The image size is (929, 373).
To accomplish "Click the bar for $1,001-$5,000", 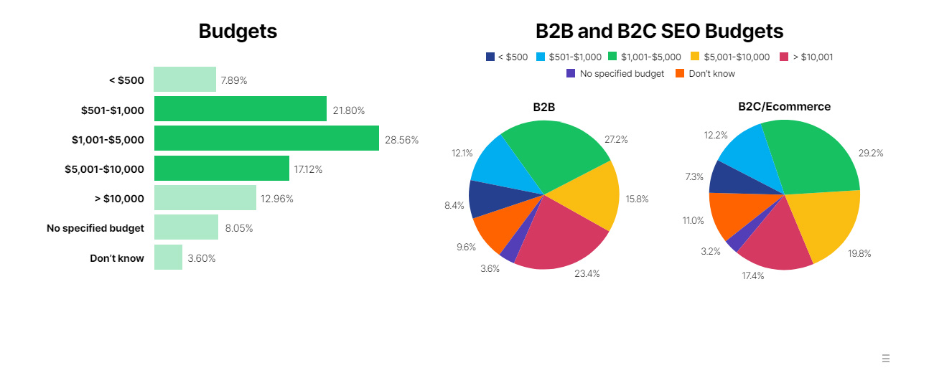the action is point(266,138).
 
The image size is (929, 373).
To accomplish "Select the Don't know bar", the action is point(169,257).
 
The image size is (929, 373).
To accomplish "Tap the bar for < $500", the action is point(185,79).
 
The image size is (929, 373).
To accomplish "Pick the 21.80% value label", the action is point(349,110).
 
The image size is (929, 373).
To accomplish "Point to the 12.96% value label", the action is point(276,199).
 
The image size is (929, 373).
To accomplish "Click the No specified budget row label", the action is point(95,228).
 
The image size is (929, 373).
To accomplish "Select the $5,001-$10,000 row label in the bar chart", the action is point(105,169).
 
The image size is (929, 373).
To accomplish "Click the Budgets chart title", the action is point(238,31).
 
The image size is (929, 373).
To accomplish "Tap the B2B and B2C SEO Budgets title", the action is point(660,31).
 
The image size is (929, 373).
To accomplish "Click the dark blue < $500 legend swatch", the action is point(490,57).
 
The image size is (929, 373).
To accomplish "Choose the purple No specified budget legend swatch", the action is point(571,73).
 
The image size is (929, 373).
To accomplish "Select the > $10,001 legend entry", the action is point(806,57).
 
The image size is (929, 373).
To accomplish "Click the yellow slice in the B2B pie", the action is point(589,195).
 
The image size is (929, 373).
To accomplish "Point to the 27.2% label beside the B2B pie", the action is point(616,140).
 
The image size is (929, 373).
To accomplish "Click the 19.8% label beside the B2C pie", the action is point(859,254).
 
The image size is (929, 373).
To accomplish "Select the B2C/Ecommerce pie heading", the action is point(784,106).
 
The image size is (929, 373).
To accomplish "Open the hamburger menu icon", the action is point(886,359).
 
